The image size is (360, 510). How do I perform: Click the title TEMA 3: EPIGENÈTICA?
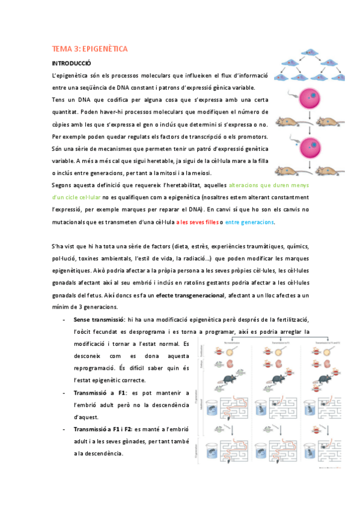tap(90, 49)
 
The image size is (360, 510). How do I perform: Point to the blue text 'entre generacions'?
tap(249, 223)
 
